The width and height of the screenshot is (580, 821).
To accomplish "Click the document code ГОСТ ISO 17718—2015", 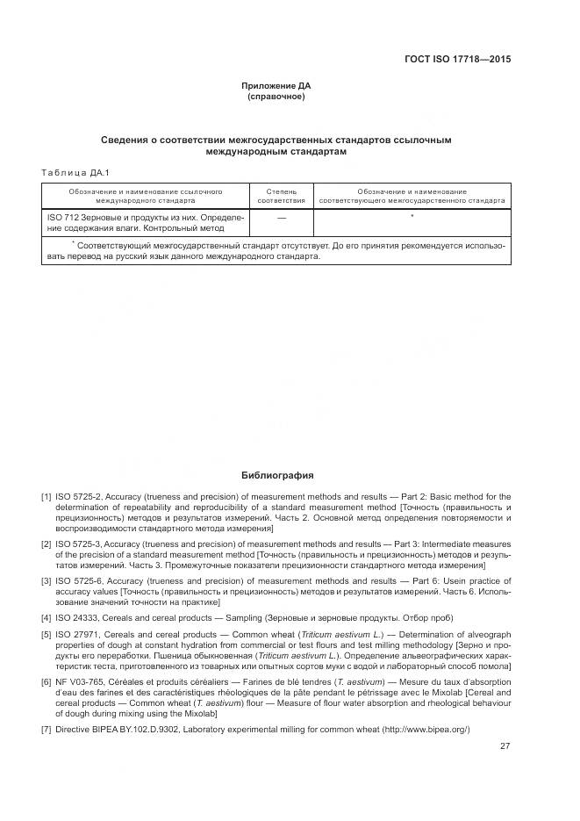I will [457, 60].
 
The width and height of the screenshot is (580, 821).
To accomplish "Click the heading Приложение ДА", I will [276, 85].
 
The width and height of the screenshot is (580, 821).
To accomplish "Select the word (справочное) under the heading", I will [276, 97].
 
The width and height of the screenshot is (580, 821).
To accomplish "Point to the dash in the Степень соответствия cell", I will [281, 217].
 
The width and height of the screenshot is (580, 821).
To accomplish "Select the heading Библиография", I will [277, 476].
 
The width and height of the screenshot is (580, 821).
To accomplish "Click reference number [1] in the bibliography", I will [46, 497].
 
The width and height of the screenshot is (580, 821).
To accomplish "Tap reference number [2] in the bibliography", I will [46, 544].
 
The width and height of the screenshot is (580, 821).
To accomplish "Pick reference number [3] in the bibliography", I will [46, 581].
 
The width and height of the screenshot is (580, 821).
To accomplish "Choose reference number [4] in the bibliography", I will [46, 618].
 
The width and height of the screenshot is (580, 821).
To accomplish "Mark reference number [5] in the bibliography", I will [46, 634].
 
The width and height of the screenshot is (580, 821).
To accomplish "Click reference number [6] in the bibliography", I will [46, 681].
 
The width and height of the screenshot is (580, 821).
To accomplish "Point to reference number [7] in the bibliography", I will [46, 730].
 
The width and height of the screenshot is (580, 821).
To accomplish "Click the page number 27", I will [505, 746].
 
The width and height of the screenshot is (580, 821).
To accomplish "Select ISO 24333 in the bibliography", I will [78, 618].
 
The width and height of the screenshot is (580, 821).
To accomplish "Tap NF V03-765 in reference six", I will [82, 681].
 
